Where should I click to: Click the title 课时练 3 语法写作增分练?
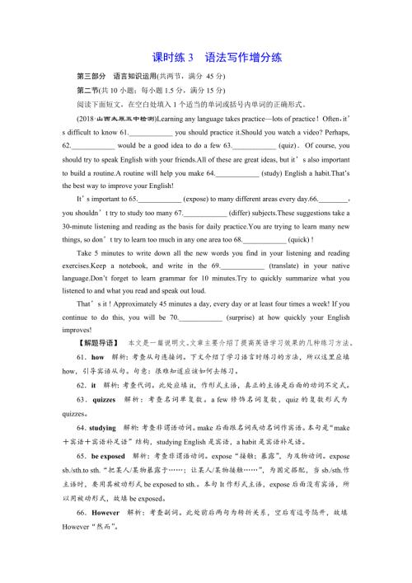click(206, 58)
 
